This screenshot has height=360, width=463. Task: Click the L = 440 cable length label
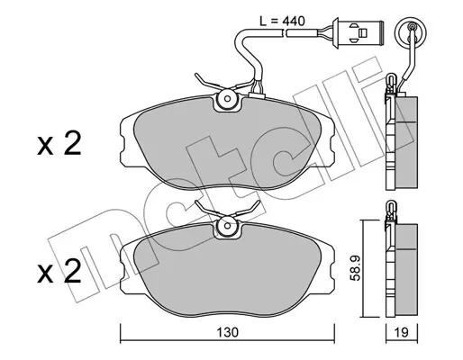(282, 22)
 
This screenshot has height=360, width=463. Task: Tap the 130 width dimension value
(227, 332)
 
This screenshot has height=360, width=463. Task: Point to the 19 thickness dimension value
(402, 332)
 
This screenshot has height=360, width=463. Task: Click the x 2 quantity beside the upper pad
(59, 144)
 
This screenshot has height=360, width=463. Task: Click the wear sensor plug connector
(358, 32)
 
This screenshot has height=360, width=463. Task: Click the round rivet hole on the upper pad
(227, 99)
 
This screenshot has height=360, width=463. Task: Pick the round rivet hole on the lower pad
(227, 226)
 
